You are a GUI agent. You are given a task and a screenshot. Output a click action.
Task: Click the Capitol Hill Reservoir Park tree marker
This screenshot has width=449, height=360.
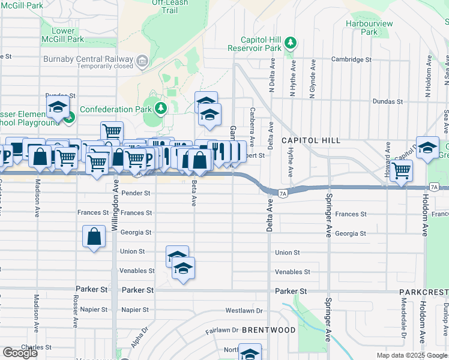[291, 43]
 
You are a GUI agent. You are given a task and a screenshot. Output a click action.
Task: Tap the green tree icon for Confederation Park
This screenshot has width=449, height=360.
[160, 109]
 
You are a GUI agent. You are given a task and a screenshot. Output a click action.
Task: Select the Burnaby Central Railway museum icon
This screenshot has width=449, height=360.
[142, 59]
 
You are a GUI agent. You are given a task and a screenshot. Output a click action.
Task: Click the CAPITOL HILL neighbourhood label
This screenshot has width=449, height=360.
[311, 140]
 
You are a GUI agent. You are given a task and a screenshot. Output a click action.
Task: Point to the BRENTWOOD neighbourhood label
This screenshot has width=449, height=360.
[269, 330]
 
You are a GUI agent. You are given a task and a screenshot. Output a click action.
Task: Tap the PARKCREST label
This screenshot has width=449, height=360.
[423, 292]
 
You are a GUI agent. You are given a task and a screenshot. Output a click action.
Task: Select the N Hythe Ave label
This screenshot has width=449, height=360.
[293, 79]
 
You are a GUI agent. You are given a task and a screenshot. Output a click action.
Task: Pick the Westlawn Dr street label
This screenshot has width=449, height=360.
[244, 311]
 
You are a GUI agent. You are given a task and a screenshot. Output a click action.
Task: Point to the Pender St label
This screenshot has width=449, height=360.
[135, 193]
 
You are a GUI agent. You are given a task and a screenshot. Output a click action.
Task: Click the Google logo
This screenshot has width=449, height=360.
[20, 353]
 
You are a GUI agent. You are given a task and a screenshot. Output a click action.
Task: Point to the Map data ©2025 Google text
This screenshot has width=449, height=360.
[412, 355]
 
